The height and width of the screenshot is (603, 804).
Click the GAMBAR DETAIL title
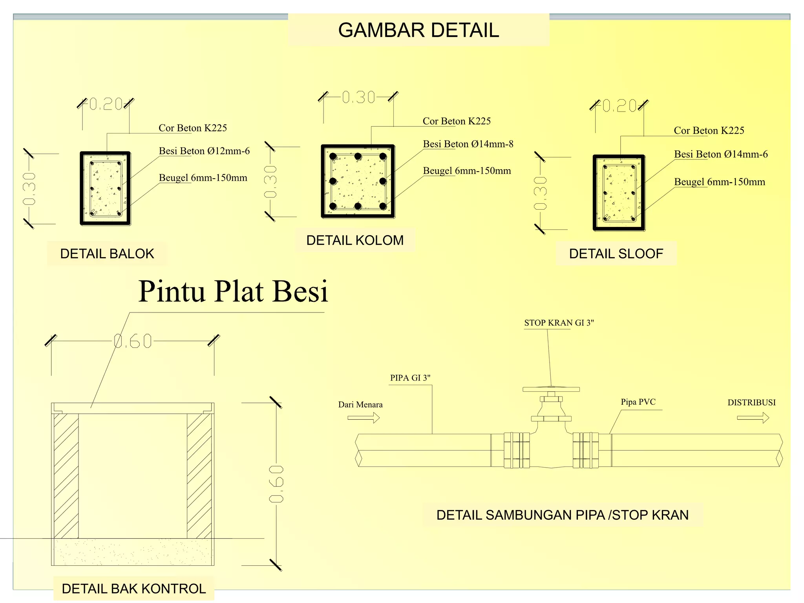(x=418, y=30)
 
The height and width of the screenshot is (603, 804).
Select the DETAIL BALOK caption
(x=107, y=254)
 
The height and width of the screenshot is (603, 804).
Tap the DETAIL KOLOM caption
(x=355, y=240)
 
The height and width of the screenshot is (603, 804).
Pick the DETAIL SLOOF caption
(x=616, y=254)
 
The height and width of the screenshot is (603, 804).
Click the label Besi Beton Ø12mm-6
(x=204, y=151)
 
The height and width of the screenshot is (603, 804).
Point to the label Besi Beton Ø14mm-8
(x=468, y=144)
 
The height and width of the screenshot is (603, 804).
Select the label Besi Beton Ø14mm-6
(x=721, y=154)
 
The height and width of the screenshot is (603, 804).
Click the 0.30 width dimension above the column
(x=358, y=97)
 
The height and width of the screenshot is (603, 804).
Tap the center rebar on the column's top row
(x=358, y=156)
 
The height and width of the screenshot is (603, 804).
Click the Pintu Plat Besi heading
(x=233, y=291)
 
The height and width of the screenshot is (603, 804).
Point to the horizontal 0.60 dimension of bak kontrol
(x=133, y=341)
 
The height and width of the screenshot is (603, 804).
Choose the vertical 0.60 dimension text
(x=276, y=484)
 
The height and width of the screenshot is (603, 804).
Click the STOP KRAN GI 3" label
(x=559, y=323)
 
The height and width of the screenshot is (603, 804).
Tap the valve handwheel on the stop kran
(x=551, y=389)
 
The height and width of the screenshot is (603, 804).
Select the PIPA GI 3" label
(x=410, y=378)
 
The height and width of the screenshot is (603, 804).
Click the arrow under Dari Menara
(x=364, y=418)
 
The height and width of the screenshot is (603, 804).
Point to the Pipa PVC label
(x=638, y=402)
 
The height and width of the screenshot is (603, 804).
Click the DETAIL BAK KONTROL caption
(x=134, y=588)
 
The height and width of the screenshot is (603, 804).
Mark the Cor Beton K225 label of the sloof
(x=709, y=131)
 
